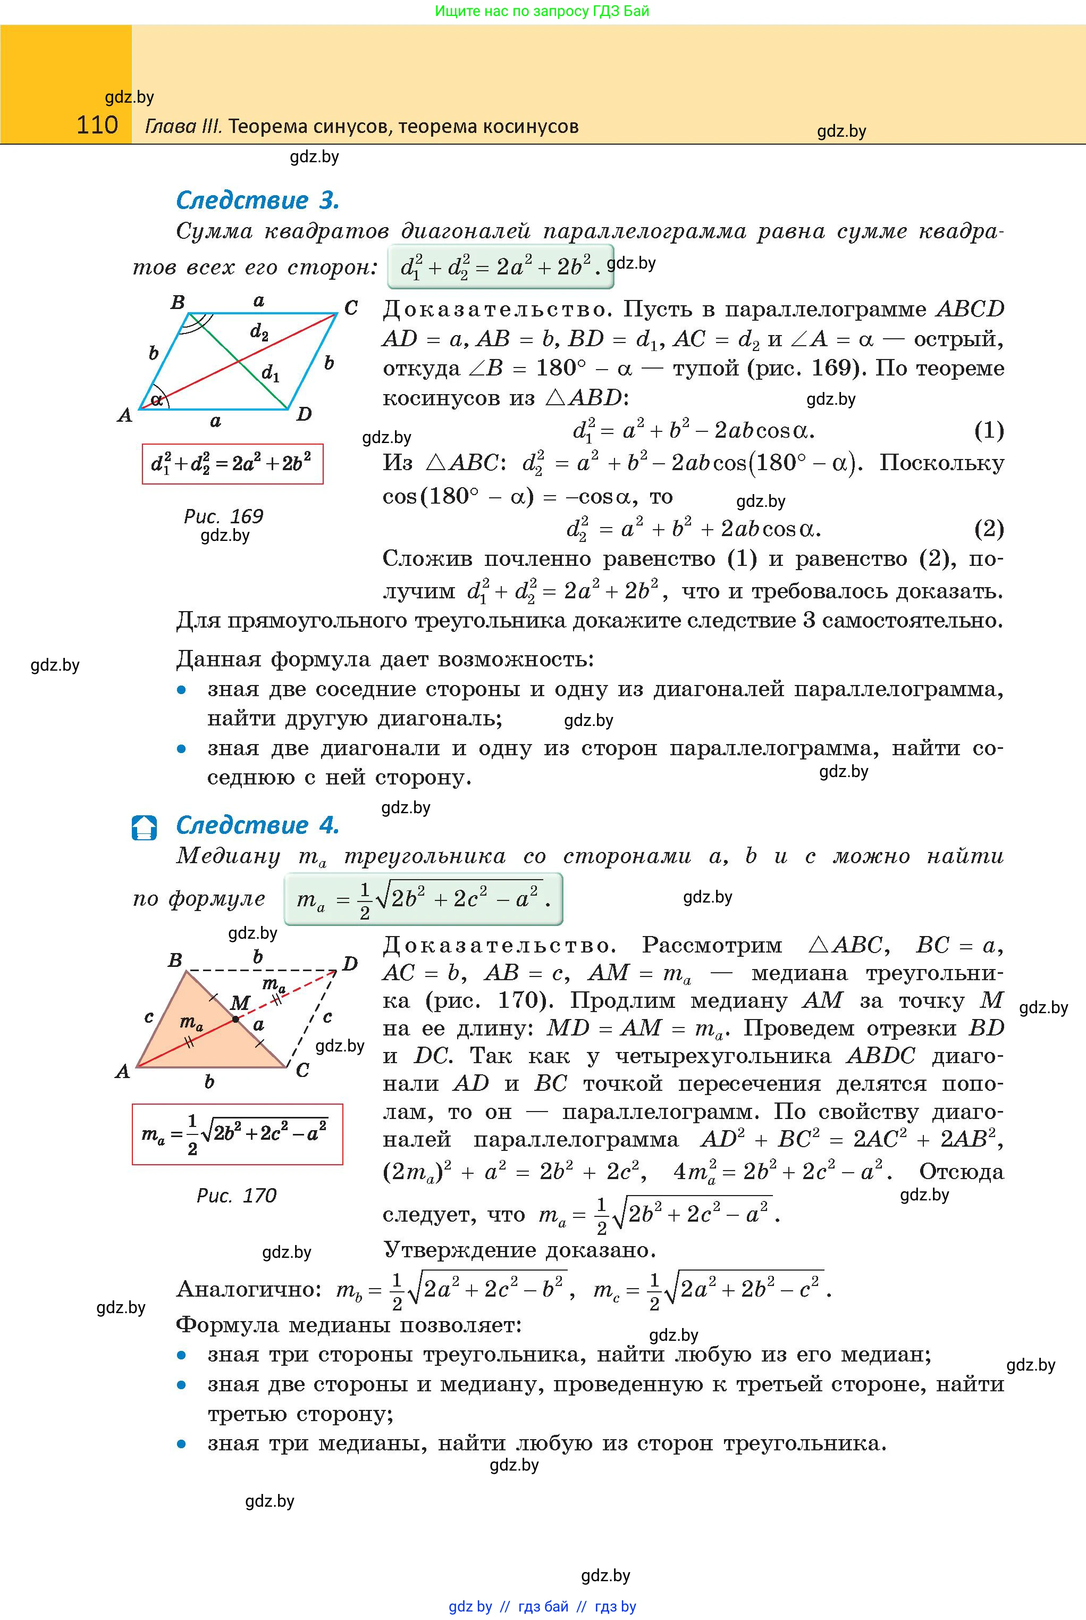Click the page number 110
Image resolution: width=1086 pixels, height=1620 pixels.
pyautogui.click(x=97, y=126)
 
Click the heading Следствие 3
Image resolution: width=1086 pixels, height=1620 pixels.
pyautogui.click(x=258, y=201)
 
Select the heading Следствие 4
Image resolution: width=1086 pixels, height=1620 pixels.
pyautogui.click(x=258, y=825)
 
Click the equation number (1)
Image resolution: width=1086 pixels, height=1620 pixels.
pyautogui.click(x=988, y=430)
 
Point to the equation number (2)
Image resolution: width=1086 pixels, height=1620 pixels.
pyautogui.click(x=988, y=529)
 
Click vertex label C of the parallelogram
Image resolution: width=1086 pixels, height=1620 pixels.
pyautogui.click(x=351, y=307)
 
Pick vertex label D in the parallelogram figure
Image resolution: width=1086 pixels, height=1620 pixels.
pyautogui.click(x=304, y=414)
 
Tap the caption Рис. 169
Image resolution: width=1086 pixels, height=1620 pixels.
pyautogui.click(x=223, y=516)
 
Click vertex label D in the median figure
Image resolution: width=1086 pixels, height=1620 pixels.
pyautogui.click(x=350, y=964)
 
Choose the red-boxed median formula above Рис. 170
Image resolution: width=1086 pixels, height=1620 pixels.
pyautogui.click(x=237, y=1134)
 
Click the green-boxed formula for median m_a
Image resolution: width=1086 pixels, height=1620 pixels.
pyautogui.click(x=423, y=899)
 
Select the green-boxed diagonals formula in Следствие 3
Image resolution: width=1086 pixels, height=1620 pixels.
pyautogui.click(x=500, y=266)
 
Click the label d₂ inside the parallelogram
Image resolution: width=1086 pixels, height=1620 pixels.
pyautogui.click(x=259, y=332)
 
